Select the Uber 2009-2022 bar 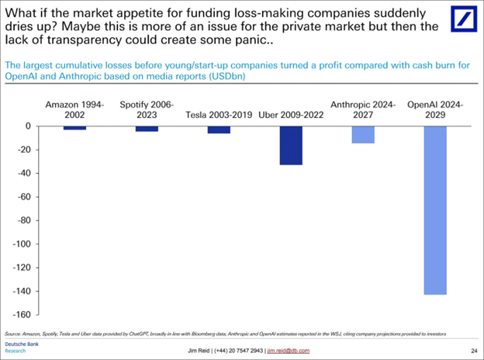[291, 145]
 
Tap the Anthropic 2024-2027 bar [363, 134]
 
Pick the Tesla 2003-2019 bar [219, 130]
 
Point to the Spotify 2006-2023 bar [147, 128]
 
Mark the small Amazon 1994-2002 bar [75, 127]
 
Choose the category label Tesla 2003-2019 [219, 114]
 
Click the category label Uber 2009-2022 [291, 114]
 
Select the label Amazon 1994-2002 [75, 108]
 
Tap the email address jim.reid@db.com [288, 351]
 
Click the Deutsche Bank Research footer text [19, 346]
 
